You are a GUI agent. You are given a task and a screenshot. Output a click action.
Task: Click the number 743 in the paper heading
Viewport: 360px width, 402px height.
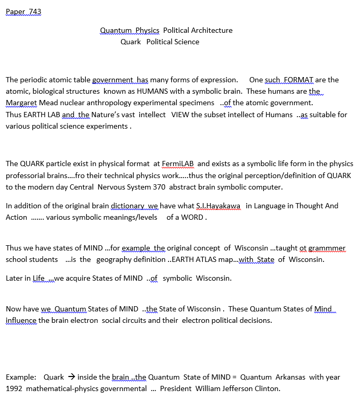click(x=34, y=11)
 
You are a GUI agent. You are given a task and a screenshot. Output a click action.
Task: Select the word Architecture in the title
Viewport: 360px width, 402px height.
click(x=210, y=30)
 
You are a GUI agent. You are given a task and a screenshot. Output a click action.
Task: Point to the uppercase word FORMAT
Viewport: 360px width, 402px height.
click(x=298, y=80)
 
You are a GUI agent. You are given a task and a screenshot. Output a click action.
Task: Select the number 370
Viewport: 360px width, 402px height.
click(x=160, y=187)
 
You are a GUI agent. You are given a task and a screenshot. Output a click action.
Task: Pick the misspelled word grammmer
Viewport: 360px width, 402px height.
click(x=325, y=248)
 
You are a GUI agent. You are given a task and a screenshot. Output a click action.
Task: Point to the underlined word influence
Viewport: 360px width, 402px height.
click(x=21, y=320)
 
